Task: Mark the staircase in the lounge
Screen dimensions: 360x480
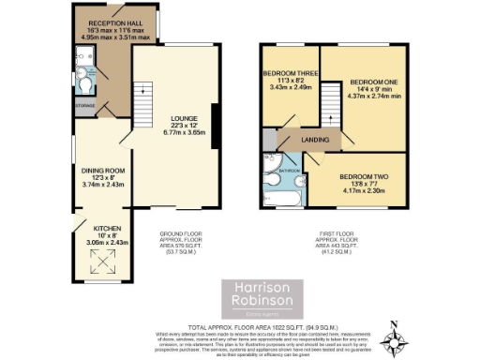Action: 143,93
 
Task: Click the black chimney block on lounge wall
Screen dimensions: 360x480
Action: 217,126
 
